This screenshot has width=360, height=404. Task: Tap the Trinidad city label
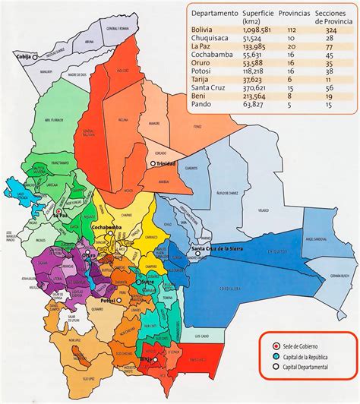pyautogui.click(x=166, y=164)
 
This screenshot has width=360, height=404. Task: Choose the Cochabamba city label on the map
pyautogui.click(x=109, y=227)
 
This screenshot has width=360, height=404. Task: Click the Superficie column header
pyautogui.click(x=259, y=14)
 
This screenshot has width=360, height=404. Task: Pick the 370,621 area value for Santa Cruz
pyautogui.click(x=257, y=88)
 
